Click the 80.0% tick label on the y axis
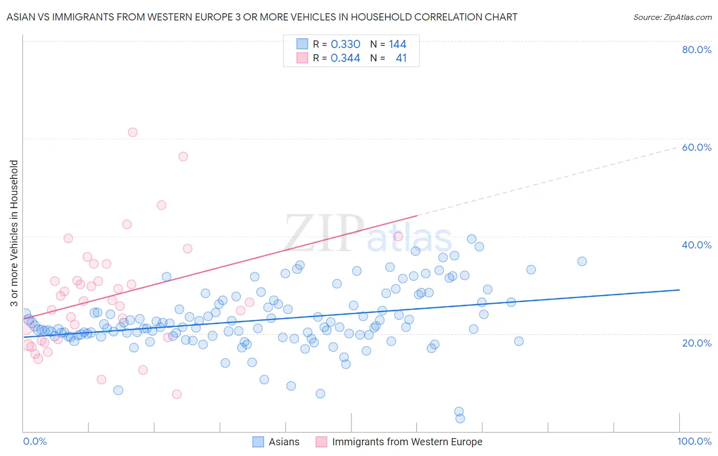pos(697,50)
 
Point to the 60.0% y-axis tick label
pos(697,147)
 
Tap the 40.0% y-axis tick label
pos(697,245)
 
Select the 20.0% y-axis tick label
pos(697,343)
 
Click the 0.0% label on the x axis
pos(35,441)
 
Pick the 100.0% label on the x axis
pos(695,441)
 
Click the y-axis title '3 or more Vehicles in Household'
pos(14,233)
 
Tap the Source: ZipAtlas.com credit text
pos(672,17)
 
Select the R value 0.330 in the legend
pos(345,44)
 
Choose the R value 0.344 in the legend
pos(345,58)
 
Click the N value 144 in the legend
pos(397,44)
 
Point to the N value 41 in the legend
pos(401,58)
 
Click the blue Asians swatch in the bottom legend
pos(258,442)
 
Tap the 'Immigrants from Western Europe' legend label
pos(407,442)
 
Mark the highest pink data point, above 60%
pos(133,132)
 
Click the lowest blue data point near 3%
pos(460,418)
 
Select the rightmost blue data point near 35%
pos(582,261)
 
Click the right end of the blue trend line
pos(679,290)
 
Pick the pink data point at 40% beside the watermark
pos(398,236)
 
